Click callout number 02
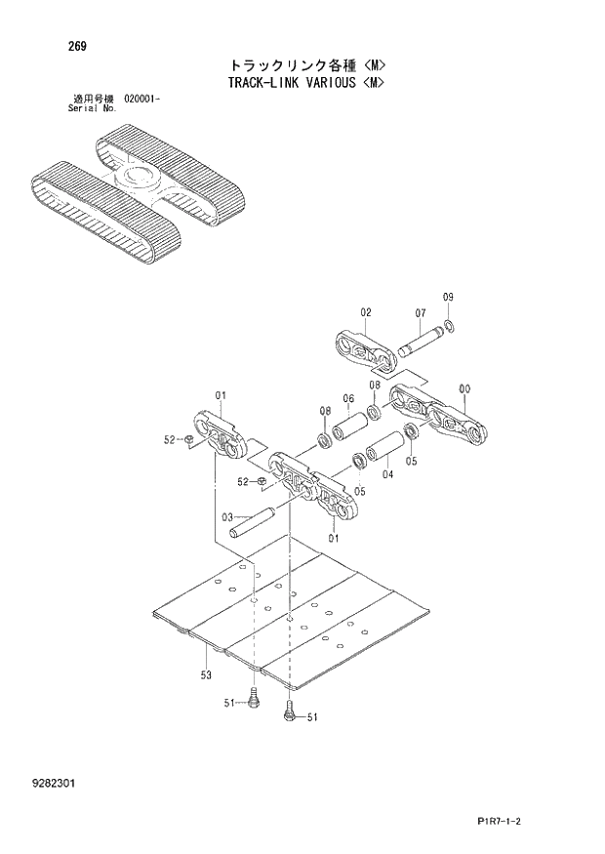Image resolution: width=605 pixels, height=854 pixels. (366, 312)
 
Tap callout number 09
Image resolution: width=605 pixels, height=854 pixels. (448, 296)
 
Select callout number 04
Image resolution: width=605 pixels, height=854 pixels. (387, 475)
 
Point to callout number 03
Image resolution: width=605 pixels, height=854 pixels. (226, 517)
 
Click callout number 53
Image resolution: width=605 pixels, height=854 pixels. (206, 674)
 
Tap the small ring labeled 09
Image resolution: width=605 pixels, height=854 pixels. (448, 325)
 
